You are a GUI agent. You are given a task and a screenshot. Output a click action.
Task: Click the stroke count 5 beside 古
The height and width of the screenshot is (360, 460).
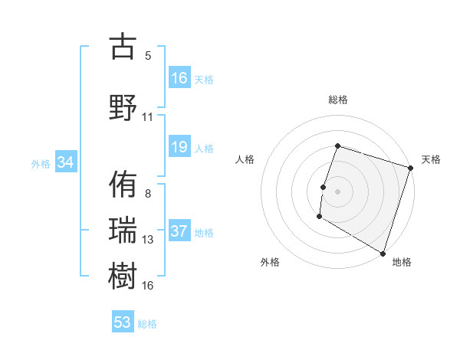tap(148, 56)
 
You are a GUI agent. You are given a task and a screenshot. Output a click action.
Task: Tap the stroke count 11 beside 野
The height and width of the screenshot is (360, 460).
tap(148, 117)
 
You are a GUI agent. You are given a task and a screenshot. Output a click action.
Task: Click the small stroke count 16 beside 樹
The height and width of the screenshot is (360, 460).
tap(148, 286)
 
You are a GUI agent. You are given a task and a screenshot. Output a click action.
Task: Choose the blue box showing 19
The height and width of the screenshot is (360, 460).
tap(179, 148)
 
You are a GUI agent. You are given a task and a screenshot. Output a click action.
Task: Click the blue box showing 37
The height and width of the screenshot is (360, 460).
tap(179, 232)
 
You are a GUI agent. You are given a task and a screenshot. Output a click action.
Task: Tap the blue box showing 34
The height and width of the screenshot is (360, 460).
tap(65, 163)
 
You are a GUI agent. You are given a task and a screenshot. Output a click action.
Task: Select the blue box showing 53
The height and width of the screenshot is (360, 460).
tap(123, 322)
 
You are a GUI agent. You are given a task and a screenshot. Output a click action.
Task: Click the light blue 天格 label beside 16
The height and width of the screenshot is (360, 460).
tap(204, 80)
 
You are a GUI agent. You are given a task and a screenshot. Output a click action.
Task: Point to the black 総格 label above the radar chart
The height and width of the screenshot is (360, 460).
tap(337, 100)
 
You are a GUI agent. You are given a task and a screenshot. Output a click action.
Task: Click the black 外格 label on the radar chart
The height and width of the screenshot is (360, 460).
tap(270, 262)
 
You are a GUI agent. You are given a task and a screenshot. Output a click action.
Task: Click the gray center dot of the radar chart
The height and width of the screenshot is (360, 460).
tap(337, 191)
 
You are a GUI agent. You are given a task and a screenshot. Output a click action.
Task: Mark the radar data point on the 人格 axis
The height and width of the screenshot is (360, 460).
tap(324, 187)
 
